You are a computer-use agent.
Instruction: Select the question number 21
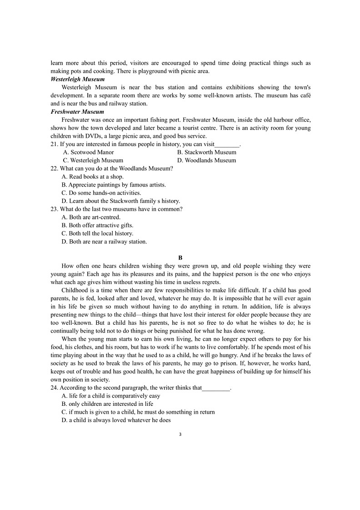[54, 144]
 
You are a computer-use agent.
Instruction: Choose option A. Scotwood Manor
[88, 152]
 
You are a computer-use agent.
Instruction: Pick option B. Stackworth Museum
[206, 152]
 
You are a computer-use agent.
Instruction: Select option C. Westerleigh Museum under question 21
[93, 161]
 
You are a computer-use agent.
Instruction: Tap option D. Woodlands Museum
[206, 161]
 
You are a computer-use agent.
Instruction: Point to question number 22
[54, 168]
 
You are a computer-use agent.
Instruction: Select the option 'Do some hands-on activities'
[98, 193]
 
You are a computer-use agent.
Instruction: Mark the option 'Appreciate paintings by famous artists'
[113, 185]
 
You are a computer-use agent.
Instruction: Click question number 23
[54, 209]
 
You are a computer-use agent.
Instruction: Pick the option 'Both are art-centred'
[91, 217]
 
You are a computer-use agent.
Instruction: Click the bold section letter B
[180, 258]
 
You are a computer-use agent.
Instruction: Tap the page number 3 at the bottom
[180, 434]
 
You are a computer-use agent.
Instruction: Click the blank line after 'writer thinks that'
[216, 388]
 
